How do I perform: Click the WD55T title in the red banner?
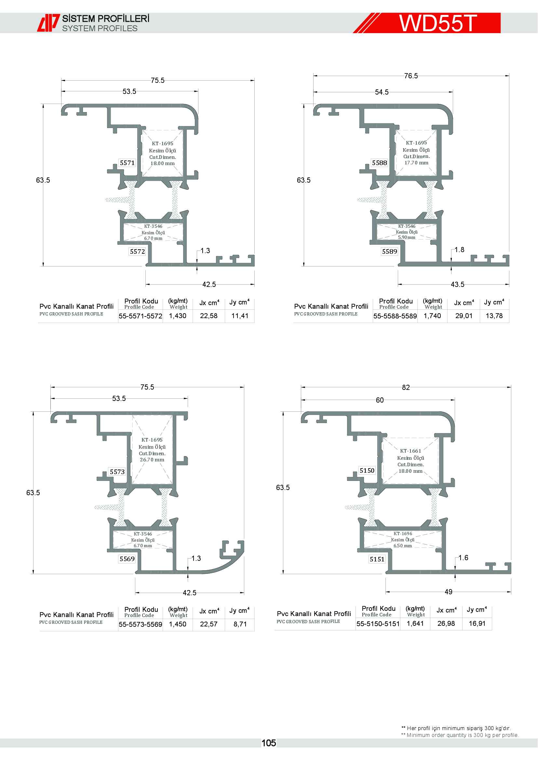[437, 23]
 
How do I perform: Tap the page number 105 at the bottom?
[269, 743]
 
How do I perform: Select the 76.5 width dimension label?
[411, 76]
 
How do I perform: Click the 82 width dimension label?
[406, 387]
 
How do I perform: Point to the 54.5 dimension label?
[382, 92]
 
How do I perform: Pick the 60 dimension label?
[380, 400]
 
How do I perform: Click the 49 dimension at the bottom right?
[448, 592]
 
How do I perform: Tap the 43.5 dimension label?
[458, 284]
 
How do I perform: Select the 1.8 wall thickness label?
[459, 250]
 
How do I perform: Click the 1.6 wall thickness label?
[463, 558]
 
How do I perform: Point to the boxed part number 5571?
[127, 163]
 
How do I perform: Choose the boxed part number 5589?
[390, 251]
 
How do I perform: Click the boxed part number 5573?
[117, 472]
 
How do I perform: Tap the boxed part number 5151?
[377, 559]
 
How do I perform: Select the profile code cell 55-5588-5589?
[395, 316]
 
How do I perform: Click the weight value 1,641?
[415, 624]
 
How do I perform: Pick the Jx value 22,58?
[209, 316]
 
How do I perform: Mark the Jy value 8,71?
[240, 624]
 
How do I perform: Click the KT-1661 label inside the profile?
[410, 451]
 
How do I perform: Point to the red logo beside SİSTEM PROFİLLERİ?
[48, 22]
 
